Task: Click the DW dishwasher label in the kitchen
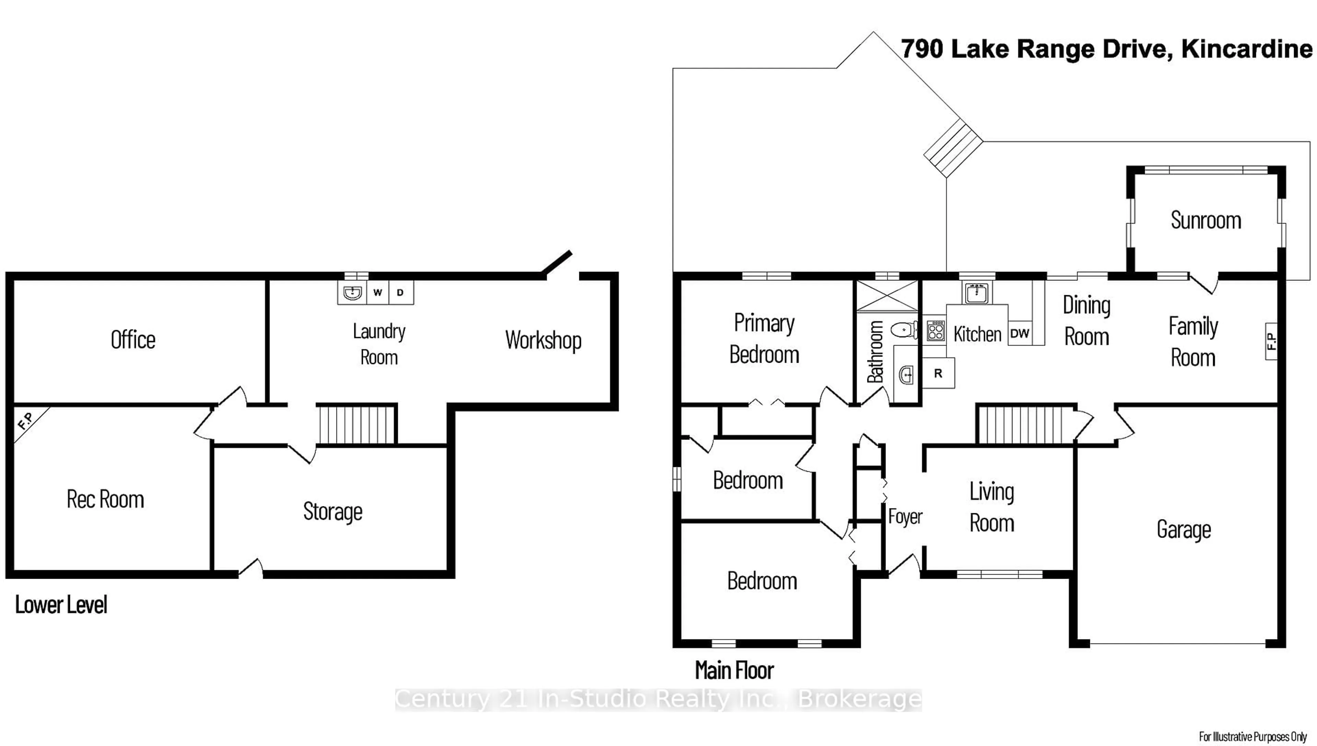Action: [1019, 334]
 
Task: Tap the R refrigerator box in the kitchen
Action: [938, 373]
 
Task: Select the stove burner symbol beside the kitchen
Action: [936, 331]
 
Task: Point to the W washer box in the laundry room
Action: [378, 292]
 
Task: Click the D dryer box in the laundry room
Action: [400, 292]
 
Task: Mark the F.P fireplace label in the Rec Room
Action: [26, 421]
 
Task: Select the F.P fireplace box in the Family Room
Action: [1271, 341]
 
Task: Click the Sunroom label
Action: [1205, 220]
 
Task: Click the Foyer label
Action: [905, 516]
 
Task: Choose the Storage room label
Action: [333, 512]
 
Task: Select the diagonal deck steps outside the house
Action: [953, 148]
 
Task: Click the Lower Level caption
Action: [61, 605]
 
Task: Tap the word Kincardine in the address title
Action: [1246, 49]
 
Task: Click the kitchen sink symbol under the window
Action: [976, 293]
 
